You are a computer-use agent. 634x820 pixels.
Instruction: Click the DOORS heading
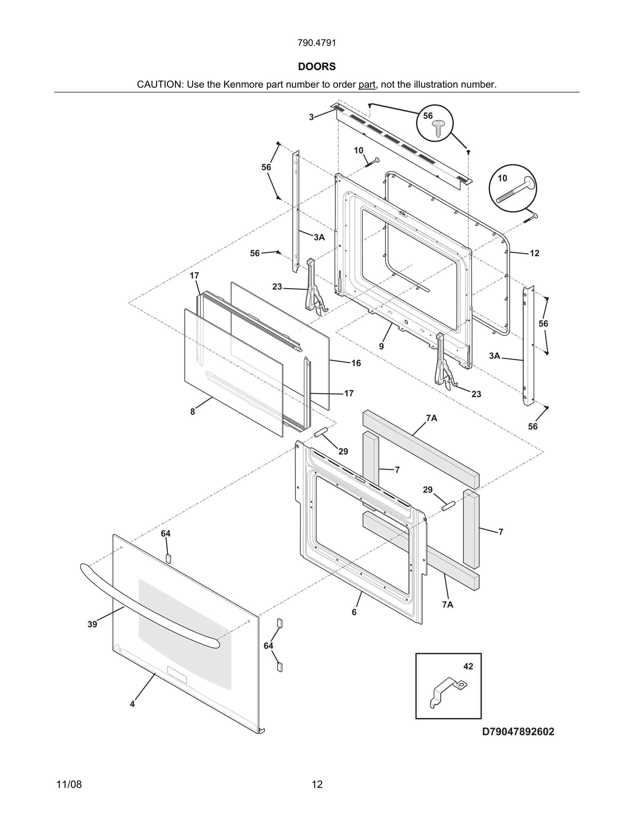click(x=317, y=67)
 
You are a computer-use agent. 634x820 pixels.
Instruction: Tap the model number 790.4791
click(x=317, y=43)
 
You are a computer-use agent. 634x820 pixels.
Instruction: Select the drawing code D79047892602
click(x=518, y=732)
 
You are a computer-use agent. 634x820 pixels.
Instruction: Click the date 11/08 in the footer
click(x=69, y=784)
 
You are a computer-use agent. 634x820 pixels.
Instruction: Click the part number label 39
click(x=93, y=624)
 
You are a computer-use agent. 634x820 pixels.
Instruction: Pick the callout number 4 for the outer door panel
click(x=132, y=704)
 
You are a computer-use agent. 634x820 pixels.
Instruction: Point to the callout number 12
click(x=534, y=253)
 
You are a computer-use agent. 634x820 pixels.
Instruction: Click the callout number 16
click(x=356, y=363)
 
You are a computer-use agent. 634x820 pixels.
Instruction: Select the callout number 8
click(x=193, y=412)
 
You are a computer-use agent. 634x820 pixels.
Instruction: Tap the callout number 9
click(x=381, y=346)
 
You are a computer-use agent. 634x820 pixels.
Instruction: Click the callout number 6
click(x=354, y=612)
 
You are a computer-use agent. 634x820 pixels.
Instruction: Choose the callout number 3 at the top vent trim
click(x=311, y=117)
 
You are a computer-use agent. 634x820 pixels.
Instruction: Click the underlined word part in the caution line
click(x=367, y=85)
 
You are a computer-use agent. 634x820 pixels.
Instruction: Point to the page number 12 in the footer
click(x=317, y=784)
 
